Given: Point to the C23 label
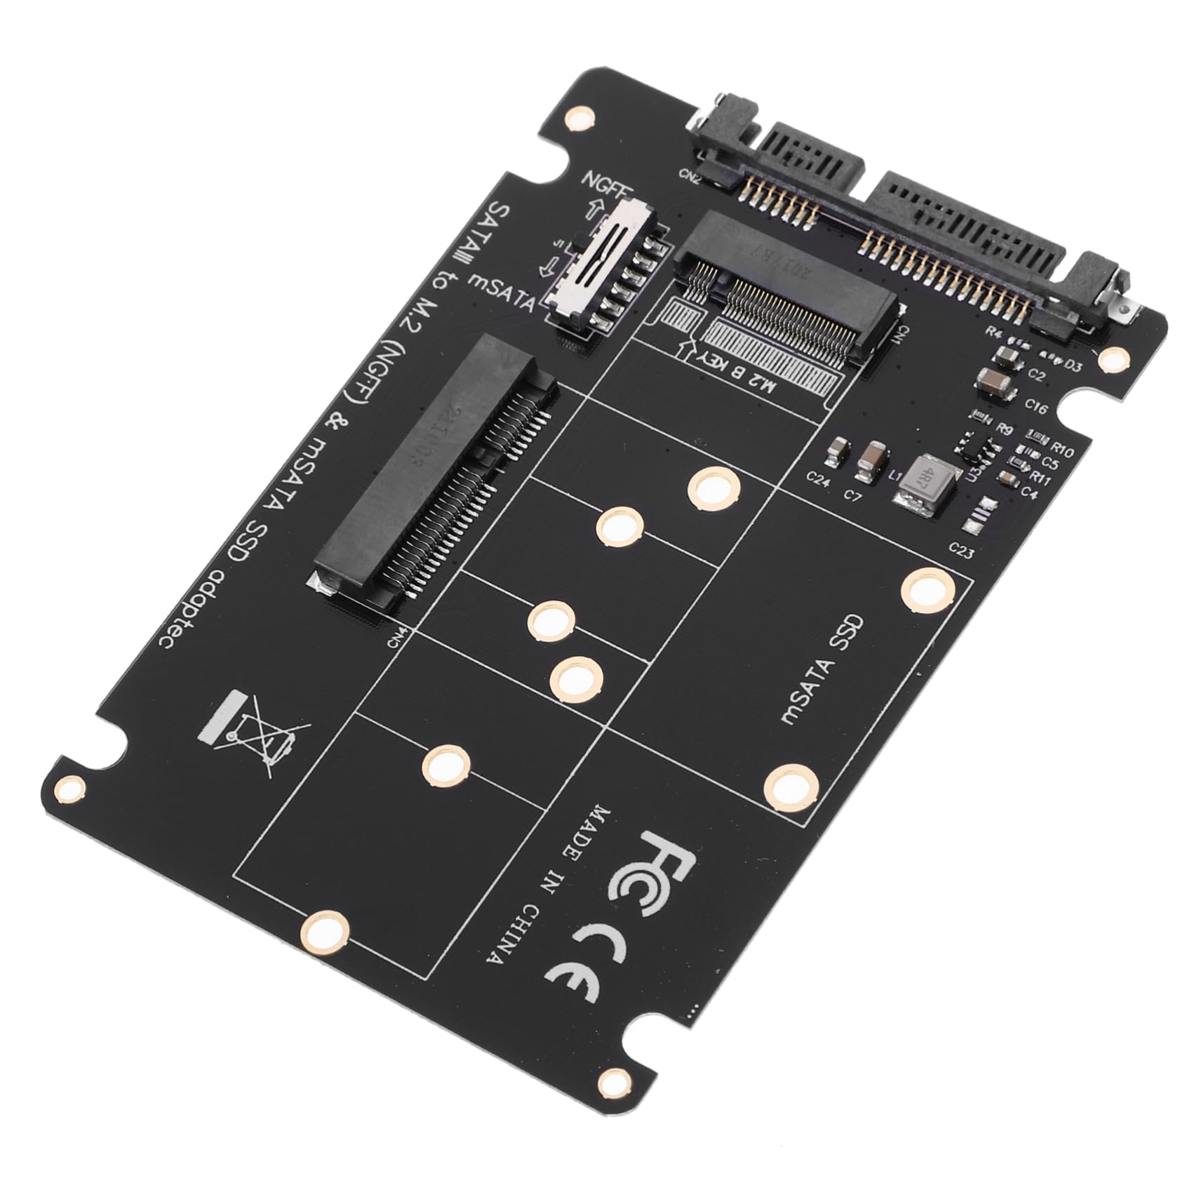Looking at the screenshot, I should click(x=960, y=551).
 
